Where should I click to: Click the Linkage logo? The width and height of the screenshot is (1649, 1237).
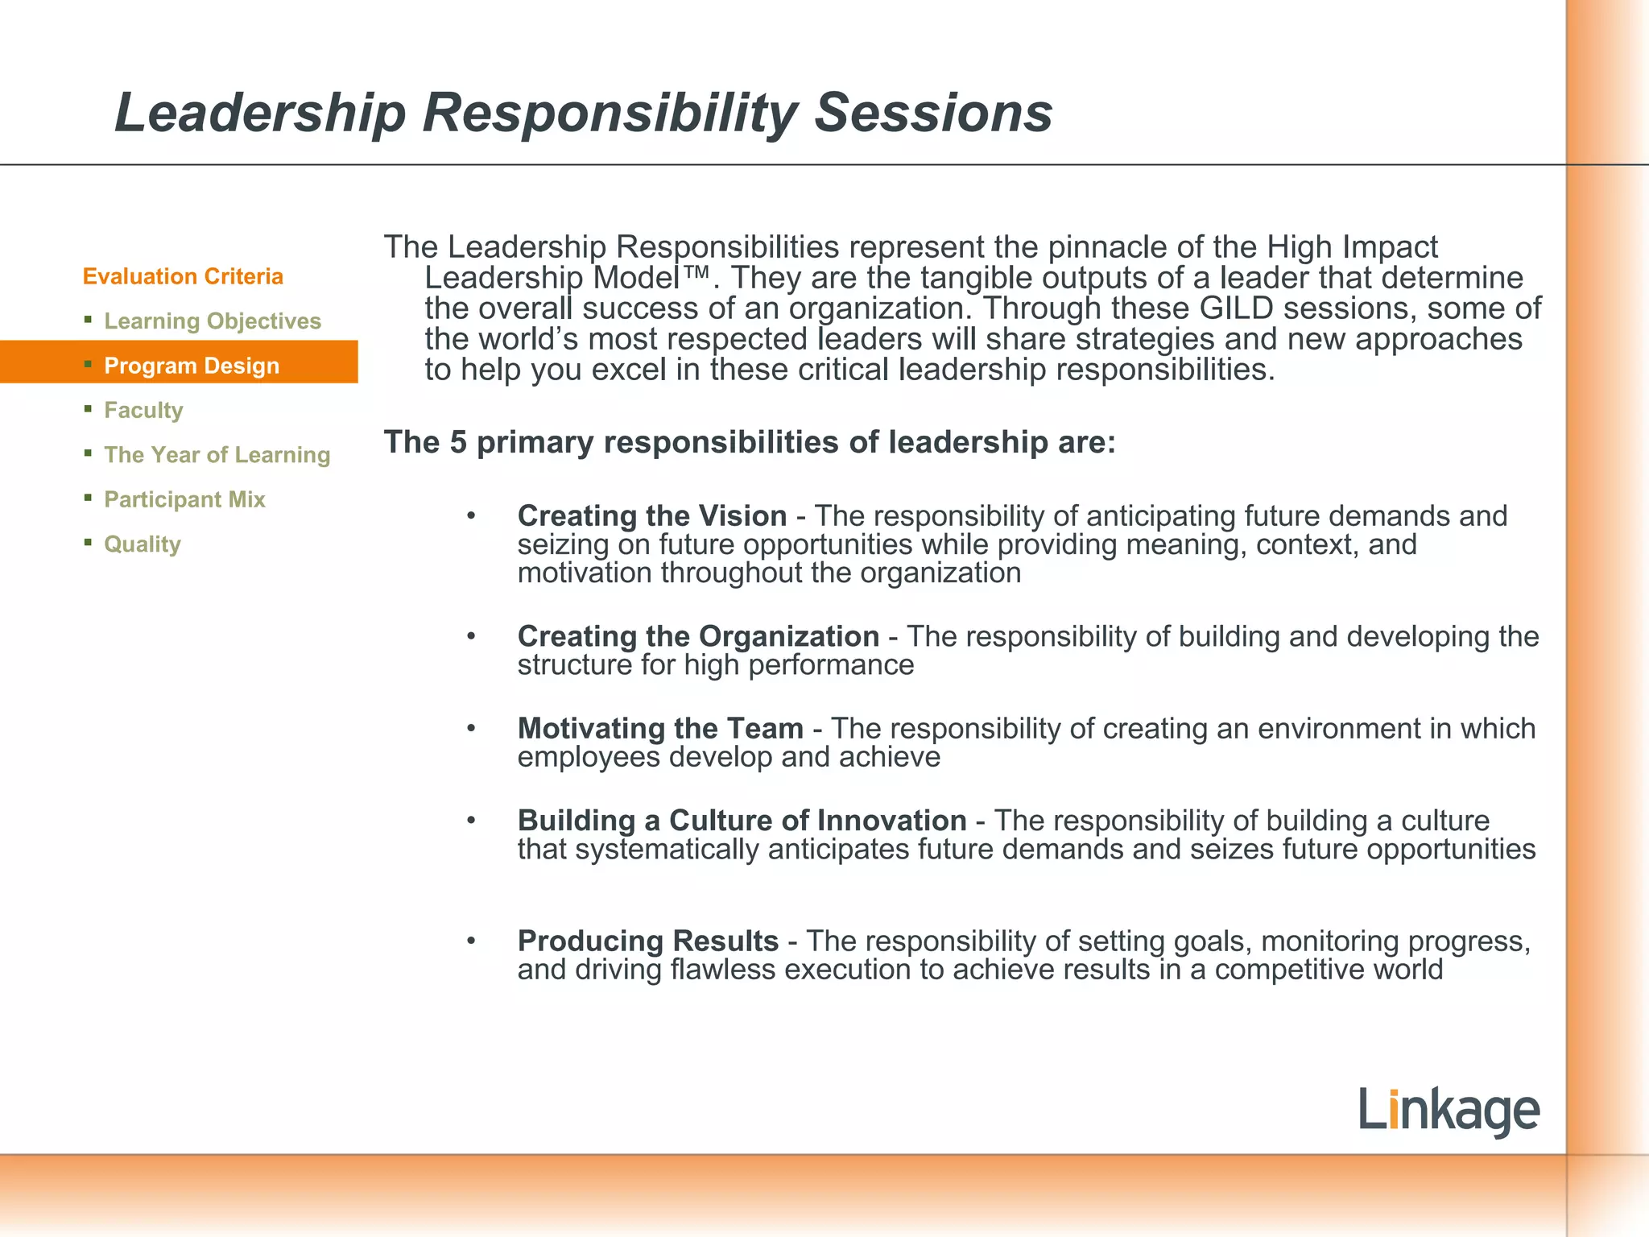[1449, 1111]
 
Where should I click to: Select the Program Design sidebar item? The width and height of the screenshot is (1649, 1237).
[192, 366]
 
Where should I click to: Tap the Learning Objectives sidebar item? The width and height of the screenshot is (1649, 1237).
[213, 321]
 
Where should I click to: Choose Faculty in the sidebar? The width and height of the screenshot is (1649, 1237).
[143, 411]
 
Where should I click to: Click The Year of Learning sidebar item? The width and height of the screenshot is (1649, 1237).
[217, 455]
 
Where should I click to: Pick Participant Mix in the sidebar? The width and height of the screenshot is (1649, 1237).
[184, 499]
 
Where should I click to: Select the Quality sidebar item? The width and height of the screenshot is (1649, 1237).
[143, 544]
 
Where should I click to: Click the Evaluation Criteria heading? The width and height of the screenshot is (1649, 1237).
[183, 276]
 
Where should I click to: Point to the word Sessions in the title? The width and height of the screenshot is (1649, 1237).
[933, 113]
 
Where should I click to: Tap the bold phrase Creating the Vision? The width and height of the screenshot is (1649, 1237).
[652, 515]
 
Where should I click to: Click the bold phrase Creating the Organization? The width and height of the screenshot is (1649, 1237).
[698, 636]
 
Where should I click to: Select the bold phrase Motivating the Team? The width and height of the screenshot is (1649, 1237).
[660, 728]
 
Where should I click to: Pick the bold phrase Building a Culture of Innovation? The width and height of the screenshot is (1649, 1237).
[742, 820]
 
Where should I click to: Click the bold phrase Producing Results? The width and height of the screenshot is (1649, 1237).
[647, 941]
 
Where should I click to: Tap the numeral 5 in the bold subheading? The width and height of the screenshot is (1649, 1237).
[458, 442]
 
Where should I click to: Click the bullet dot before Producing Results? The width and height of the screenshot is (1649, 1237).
[472, 941]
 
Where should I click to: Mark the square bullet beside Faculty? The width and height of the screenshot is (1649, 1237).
[88, 409]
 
